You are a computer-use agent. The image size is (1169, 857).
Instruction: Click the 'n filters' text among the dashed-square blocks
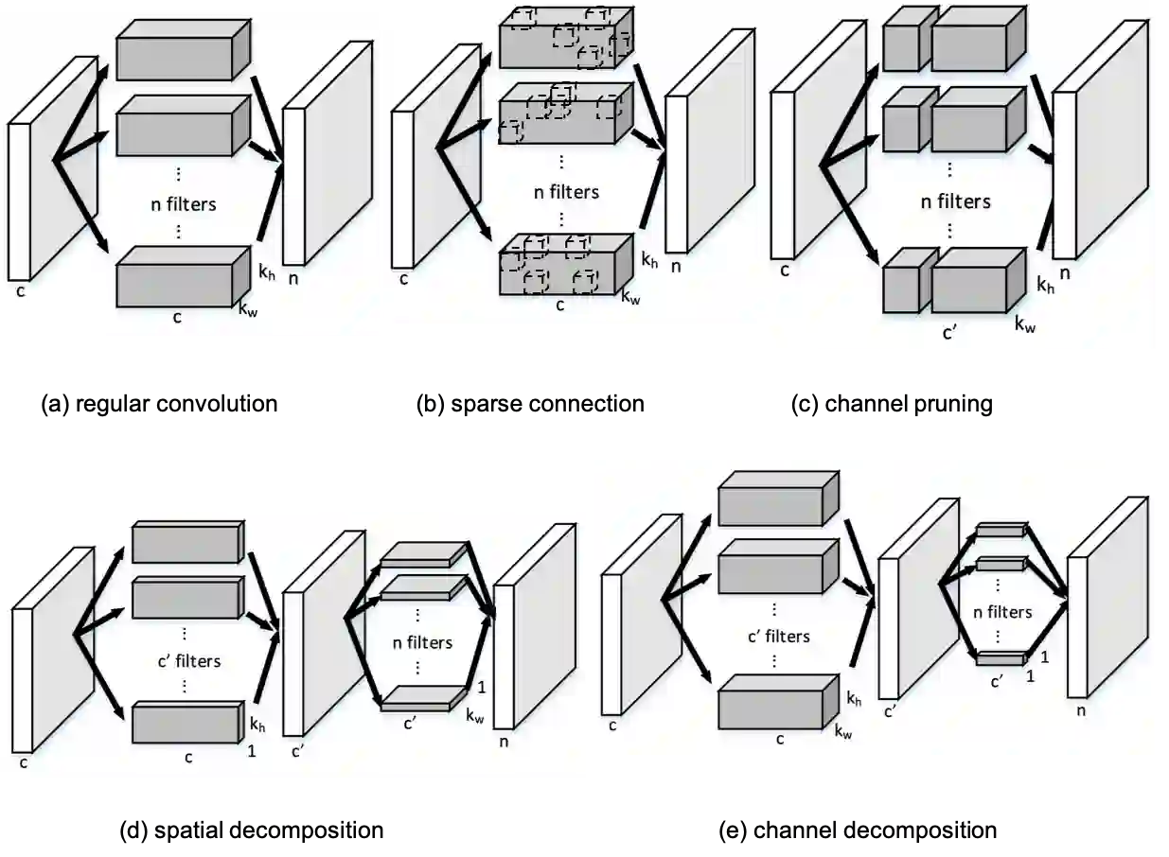(x=566, y=191)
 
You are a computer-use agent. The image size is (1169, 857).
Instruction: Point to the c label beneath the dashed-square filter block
(x=559, y=306)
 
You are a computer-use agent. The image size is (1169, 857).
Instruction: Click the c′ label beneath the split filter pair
(x=950, y=332)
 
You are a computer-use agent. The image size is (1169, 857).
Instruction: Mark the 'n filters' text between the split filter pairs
(x=956, y=201)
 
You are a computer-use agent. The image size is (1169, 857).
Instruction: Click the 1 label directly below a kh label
(x=251, y=751)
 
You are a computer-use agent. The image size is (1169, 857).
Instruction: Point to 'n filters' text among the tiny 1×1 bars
(x=1002, y=612)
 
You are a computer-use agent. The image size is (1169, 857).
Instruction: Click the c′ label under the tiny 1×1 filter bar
(x=997, y=681)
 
